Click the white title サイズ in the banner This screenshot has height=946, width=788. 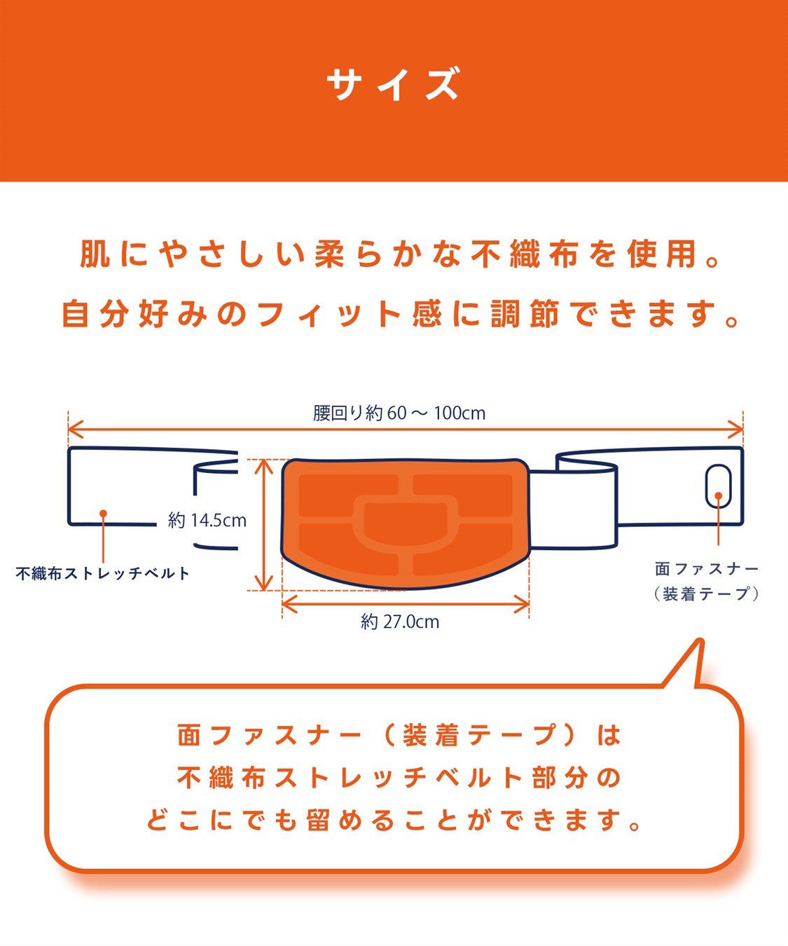point(393,84)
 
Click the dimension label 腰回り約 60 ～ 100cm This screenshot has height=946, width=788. point(399,413)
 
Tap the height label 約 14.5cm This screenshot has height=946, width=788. point(207,521)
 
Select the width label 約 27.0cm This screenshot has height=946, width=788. point(400,622)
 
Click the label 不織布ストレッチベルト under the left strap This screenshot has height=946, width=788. point(102,574)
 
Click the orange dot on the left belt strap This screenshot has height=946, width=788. point(103,514)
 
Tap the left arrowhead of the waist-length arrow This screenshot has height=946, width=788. point(75,430)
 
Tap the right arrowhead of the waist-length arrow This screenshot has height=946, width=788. point(735,430)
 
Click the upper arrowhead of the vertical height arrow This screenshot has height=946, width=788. point(263,467)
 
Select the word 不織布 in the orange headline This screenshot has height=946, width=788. point(525,254)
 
